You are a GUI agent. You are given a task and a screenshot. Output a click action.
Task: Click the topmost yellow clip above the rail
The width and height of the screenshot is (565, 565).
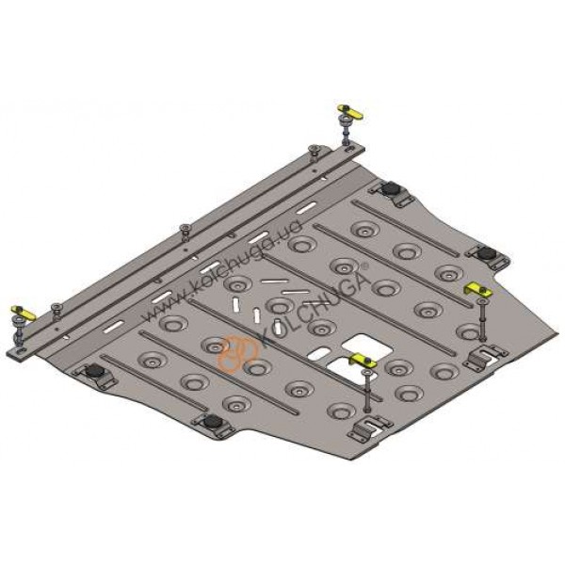click(x=350, y=112)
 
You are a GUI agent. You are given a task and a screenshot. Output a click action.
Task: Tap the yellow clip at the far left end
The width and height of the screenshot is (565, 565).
click(x=23, y=314)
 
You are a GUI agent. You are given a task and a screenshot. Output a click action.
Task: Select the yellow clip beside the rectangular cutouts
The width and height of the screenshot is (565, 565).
click(x=363, y=360)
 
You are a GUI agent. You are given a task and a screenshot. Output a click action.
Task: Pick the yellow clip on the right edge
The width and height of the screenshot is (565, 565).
click(x=478, y=290)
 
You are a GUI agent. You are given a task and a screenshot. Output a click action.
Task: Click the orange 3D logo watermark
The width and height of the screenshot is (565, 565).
click(x=238, y=354)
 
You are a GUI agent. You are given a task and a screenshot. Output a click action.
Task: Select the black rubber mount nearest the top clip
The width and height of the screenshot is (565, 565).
click(x=390, y=187)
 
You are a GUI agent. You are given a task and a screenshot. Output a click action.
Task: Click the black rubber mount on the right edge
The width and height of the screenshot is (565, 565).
click(x=486, y=253)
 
